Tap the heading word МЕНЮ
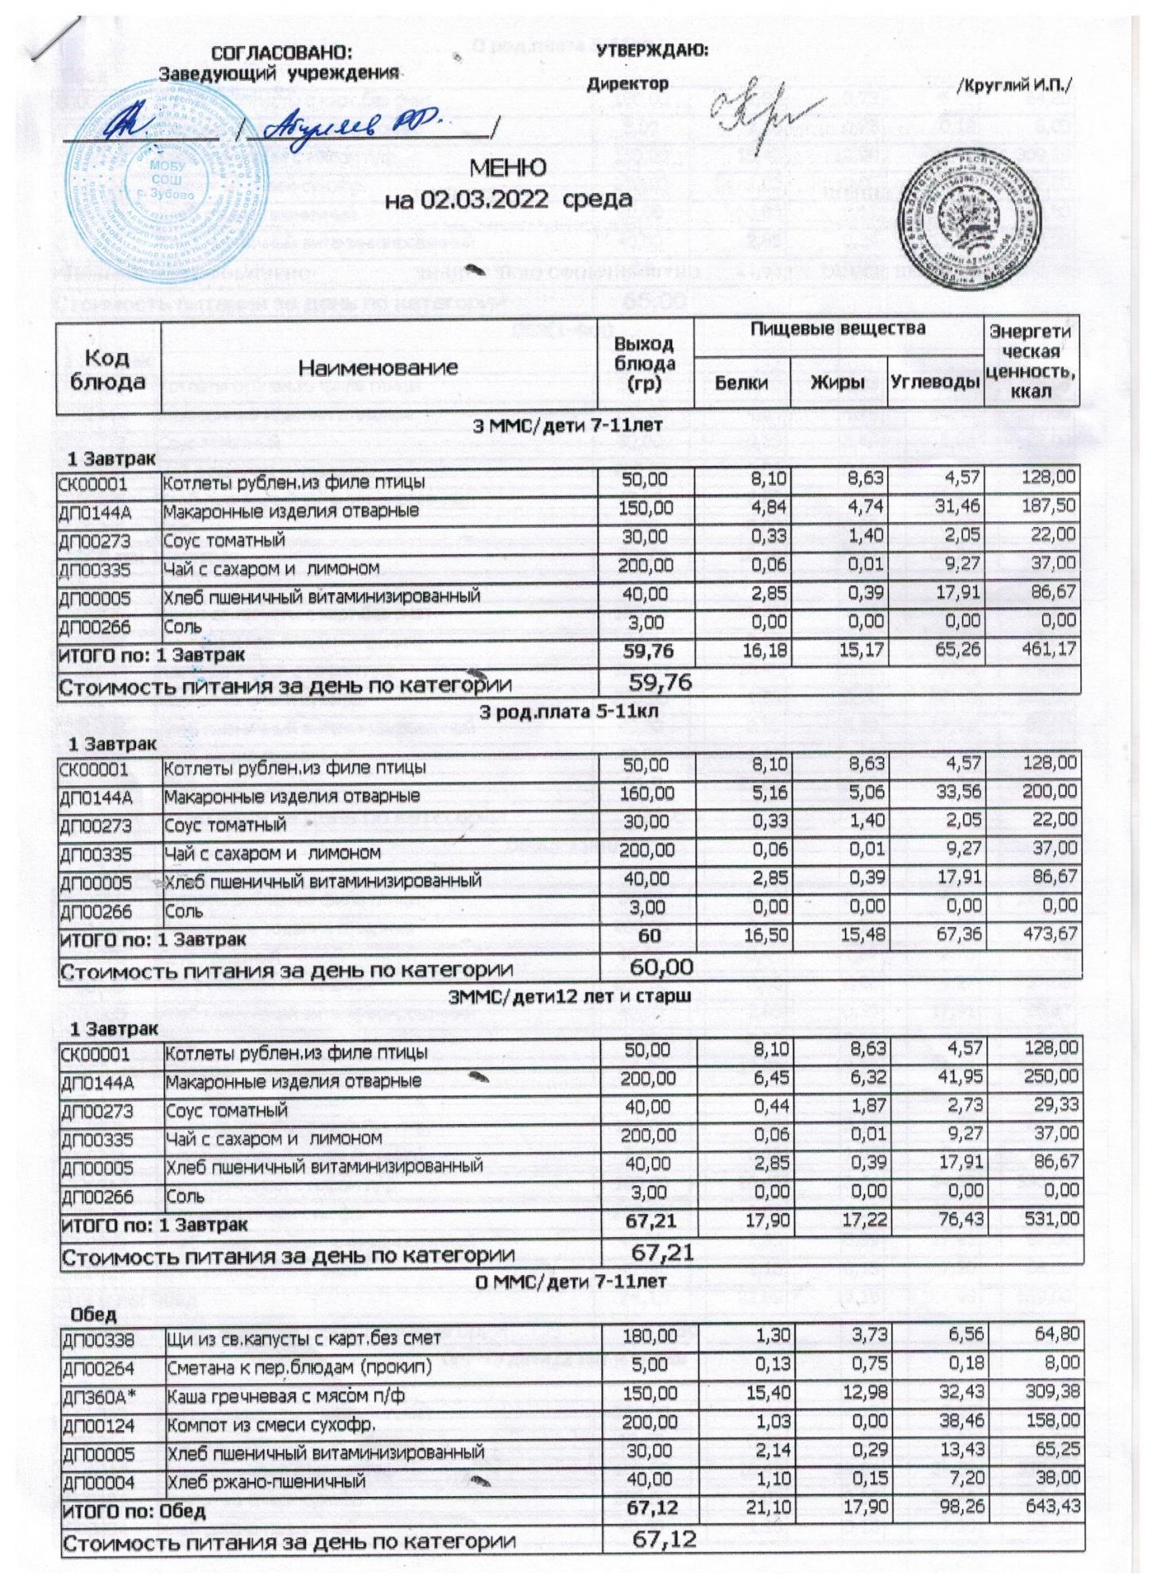(508, 169)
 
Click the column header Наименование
(378, 366)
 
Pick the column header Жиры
(838, 382)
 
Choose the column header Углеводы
(934, 382)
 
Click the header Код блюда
(108, 369)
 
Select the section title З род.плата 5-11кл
(568, 712)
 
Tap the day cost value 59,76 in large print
(660, 682)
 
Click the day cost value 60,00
(661, 968)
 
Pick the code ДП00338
(95, 1337)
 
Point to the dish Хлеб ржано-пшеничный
(266, 1480)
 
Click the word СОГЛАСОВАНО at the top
(281, 53)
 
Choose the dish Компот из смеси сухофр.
(270, 1422)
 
